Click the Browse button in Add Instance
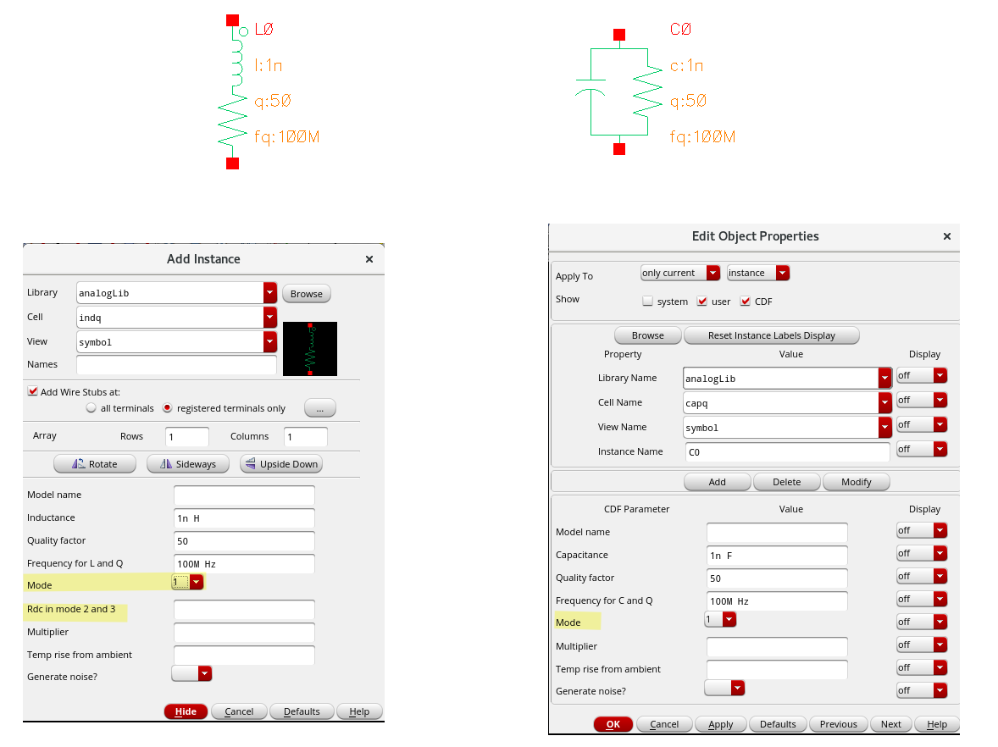pos(306,294)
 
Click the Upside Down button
pos(281,464)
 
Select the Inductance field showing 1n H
pos(244,518)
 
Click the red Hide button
pos(186,711)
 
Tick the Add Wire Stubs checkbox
pos(32,391)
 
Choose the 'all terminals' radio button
pos(91,408)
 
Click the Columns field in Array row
pos(306,437)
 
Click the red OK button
pos(613,724)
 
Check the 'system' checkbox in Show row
pos(648,301)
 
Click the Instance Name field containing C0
pos(788,451)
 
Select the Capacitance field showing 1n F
pos(777,556)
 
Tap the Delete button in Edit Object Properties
pos(787,482)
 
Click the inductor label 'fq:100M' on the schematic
pos(287,137)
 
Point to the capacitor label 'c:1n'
pos(687,65)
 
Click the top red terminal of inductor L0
pos(232,20)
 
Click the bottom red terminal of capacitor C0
pos(619,149)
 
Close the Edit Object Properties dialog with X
pos(947,236)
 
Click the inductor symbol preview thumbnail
pos(310,349)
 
